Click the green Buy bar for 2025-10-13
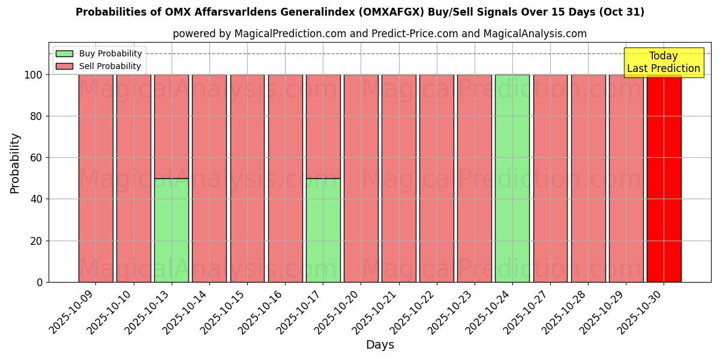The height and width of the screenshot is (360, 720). pos(171,230)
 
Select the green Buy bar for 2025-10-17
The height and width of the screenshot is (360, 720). pos(323,230)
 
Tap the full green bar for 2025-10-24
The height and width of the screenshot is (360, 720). pos(512,178)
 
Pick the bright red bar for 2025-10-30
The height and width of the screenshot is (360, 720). pos(664,178)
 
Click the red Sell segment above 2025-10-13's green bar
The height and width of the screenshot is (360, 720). pos(171,126)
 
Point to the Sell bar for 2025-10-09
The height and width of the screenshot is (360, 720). pos(95,178)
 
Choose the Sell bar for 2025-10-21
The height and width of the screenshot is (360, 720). pos(398,178)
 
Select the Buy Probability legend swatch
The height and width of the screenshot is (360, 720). pos(64,54)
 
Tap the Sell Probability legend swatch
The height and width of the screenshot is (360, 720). pos(64,67)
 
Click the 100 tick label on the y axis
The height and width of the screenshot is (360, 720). pos(34,75)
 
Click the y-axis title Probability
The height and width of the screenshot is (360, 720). pos(15,163)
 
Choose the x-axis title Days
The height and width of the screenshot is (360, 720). pos(380,345)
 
